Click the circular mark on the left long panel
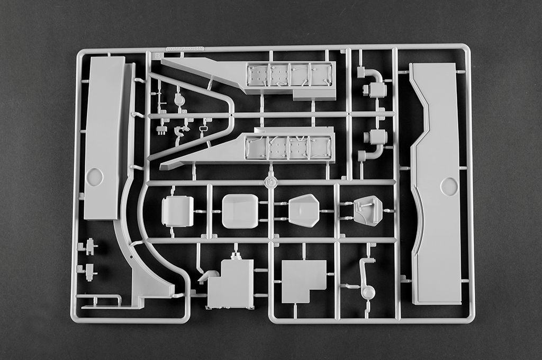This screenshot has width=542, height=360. tap(95, 177)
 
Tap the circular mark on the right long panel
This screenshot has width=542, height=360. tap(449, 186)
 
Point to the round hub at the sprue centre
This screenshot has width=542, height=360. tap(270, 183)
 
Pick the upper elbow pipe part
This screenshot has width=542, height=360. tap(374, 83)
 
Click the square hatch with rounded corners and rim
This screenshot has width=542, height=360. tap(177, 211)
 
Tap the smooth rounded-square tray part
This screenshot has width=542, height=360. tap(240, 211)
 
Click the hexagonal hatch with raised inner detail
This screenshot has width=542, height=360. tap(368, 210)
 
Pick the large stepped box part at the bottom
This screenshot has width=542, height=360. tap(231, 284)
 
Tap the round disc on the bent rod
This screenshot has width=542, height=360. tap(368, 292)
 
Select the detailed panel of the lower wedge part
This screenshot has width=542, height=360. tap(290, 147)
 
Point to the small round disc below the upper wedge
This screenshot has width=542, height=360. tap(179, 100)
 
